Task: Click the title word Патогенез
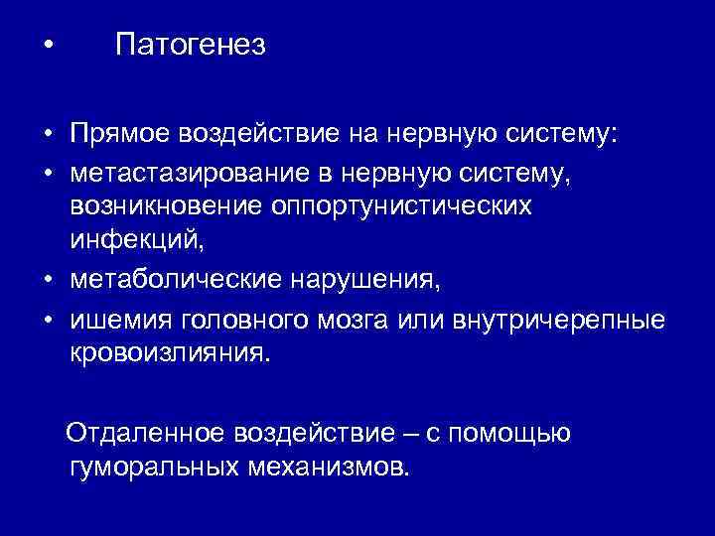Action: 190,47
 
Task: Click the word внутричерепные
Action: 558,319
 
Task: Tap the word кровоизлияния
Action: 169,353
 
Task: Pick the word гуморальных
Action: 150,467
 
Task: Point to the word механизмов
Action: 323,467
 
